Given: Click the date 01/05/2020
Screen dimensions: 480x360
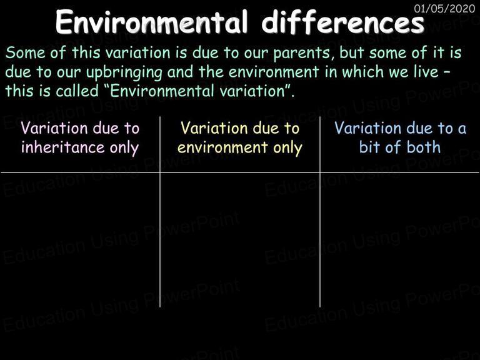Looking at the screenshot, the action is (444, 8).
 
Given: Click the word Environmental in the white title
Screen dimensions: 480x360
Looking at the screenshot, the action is (151, 22).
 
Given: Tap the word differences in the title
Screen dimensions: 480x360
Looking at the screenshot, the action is (343, 22).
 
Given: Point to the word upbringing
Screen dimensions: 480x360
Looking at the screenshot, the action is (124, 73).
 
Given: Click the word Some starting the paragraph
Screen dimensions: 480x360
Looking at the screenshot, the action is (26, 52).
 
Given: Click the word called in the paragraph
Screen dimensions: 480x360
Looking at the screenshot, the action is (77, 91).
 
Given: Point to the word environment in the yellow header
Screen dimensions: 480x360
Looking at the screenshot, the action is (222, 147).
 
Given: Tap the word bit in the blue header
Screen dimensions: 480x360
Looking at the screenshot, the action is (369, 147).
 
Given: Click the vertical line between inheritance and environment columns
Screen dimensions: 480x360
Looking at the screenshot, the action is (160, 211).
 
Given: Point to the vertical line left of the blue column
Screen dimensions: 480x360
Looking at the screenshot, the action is (320, 211).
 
